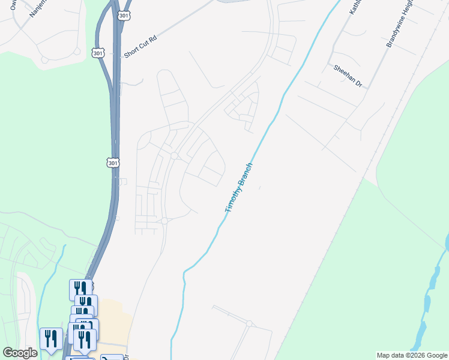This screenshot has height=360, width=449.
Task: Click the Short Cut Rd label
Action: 140,46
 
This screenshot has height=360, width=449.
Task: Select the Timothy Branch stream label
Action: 239,188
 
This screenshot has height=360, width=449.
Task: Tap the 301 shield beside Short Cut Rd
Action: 99,53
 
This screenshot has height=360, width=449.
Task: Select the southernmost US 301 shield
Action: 113,163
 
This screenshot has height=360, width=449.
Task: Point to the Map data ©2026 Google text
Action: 412,355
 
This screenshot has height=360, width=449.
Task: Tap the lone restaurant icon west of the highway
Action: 51,338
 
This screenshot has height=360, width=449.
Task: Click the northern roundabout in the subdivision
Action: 174,156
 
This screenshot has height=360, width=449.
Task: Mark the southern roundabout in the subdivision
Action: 164,221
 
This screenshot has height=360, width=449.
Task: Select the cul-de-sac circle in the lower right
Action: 249,324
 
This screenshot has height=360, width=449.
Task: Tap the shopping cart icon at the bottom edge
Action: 112,358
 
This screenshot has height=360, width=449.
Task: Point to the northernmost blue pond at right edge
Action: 447,241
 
